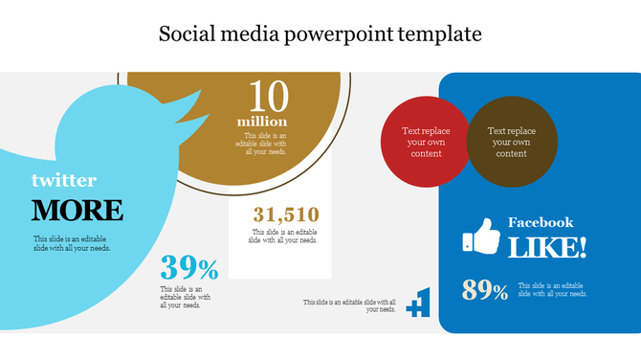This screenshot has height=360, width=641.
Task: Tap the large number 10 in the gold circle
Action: coord(268,98)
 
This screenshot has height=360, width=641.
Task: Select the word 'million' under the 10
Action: coord(262,123)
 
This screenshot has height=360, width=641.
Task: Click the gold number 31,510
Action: coord(286,214)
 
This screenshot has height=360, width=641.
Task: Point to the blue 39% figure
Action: coord(189,268)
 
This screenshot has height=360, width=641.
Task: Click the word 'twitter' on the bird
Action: coord(63,180)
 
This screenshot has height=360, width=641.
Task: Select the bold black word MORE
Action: coord(77,210)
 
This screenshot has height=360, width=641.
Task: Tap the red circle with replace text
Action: coord(426,142)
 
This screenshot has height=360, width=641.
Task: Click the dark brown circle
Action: coord(512,142)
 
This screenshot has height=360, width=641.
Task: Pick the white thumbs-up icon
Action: coord(481,237)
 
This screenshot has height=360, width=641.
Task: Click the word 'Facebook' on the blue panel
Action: coord(541,222)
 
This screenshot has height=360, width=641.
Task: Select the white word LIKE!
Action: coord(547,248)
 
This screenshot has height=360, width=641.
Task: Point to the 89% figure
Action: coord(485,290)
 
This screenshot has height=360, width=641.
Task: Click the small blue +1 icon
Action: coord(419,303)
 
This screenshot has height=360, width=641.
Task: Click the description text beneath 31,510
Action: coord(284,236)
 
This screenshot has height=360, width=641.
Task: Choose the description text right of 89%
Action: coord(552,289)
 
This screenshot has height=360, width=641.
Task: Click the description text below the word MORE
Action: coord(72,244)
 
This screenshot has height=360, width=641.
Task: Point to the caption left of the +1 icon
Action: coord(349,305)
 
